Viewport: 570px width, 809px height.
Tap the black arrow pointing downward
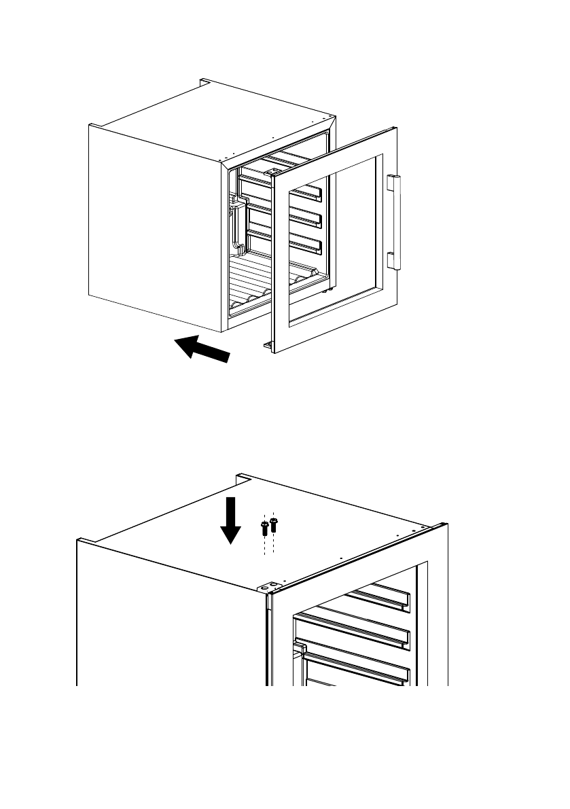coord(232,520)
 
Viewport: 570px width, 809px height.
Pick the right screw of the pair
coord(274,525)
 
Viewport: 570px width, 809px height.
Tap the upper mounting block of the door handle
coord(393,181)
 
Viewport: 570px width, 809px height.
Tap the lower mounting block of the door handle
coord(393,261)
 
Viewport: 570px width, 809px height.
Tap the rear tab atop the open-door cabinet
coord(203,83)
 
